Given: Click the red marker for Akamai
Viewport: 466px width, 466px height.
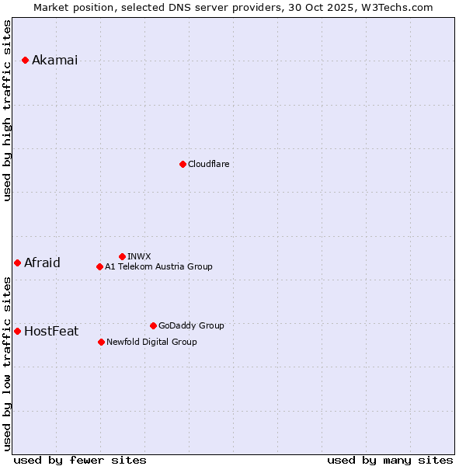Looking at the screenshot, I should pos(25,60).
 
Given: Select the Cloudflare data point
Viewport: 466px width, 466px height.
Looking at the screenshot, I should pos(183,164).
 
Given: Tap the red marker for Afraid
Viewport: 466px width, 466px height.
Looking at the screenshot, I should pos(17,263).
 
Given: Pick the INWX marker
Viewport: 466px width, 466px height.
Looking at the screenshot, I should pos(122,256).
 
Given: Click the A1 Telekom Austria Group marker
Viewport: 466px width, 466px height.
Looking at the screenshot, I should pos(99,266).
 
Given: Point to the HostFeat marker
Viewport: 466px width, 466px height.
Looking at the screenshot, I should pos(17,331).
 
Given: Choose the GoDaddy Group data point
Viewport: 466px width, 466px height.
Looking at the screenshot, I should pos(153,325).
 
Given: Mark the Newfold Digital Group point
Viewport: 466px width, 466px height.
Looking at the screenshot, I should pos(101,342).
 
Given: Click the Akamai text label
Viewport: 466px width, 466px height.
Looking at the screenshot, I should pos(54,61).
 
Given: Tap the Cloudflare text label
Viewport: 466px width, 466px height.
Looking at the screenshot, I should pos(208,164).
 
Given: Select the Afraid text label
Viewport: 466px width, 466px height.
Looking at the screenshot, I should pos(42,263).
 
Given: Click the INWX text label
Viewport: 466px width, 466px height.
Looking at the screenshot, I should pos(139,256).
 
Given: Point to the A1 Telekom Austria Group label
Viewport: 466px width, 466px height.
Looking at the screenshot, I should pos(158,266).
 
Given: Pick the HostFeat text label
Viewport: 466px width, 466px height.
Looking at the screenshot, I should pos(51,331).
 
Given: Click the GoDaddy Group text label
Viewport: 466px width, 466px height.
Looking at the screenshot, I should pos(191,325).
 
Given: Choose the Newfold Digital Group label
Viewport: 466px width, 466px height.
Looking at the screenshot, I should pos(151,342).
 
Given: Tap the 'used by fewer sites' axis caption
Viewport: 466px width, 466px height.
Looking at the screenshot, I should pos(80,460).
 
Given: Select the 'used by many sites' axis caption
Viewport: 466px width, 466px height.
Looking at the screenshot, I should pos(390,460).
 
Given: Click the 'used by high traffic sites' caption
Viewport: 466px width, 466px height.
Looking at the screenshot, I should pos(8,110).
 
